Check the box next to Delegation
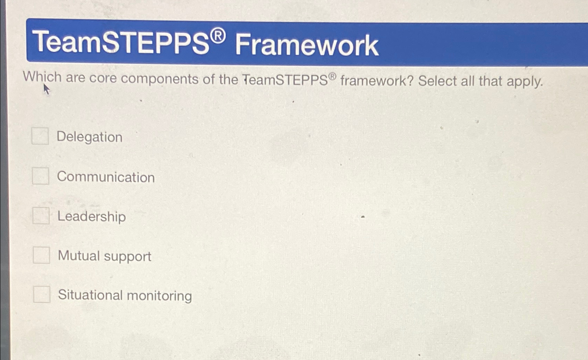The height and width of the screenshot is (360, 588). tap(40, 136)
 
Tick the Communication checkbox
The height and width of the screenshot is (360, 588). tap(41, 176)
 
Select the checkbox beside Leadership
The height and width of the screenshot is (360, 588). tap(41, 216)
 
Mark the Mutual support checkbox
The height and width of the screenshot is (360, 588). tap(41, 255)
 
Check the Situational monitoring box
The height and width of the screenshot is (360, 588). tap(42, 294)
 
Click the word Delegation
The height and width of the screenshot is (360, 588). tap(89, 137)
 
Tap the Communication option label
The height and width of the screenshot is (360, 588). tap(106, 177)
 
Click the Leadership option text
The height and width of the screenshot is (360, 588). tap(91, 216)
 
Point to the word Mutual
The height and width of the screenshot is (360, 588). tap(79, 256)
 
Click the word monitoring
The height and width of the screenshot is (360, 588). tap(159, 296)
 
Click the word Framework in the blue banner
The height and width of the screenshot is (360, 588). tap(306, 45)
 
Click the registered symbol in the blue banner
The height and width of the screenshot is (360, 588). tap(218, 36)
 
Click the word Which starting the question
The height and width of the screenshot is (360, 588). tap(42, 77)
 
